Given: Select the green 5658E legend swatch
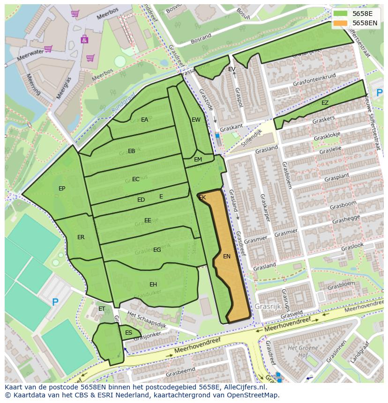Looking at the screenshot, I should (x=341, y=14).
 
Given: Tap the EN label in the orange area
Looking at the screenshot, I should (x=227, y=256).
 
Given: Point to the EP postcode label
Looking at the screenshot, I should (x=62, y=189).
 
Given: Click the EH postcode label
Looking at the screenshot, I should (x=153, y=285).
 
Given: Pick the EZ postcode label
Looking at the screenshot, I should (x=325, y=103).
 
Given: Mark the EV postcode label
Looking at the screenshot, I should (x=231, y=69).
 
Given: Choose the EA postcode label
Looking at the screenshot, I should (x=144, y=120).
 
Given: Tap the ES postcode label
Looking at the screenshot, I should (x=128, y=333).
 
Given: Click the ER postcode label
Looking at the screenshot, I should (x=81, y=237).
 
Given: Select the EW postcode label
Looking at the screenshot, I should (x=196, y=120).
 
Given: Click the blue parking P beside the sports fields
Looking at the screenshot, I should (x=55, y=302).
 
